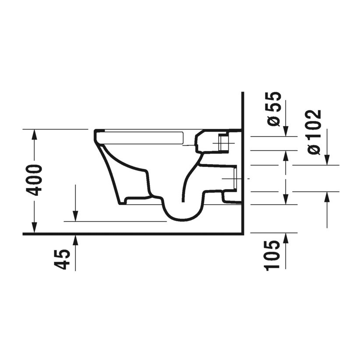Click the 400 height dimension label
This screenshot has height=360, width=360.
[35, 180]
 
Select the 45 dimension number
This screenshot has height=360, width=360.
[63, 259]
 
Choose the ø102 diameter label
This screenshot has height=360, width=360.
[315, 131]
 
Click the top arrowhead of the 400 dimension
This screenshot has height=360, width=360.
[34, 134]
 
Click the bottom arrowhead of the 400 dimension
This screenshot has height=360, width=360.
[34, 229]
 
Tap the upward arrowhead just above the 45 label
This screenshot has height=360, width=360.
[75, 239]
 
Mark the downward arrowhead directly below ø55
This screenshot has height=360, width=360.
[286, 131]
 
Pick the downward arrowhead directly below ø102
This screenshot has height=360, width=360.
[327, 161]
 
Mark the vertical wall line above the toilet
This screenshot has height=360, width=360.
[243, 109]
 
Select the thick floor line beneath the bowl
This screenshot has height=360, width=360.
[131, 234]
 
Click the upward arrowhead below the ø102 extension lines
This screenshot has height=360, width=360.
[327, 197]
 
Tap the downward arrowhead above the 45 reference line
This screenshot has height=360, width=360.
[75, 216]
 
